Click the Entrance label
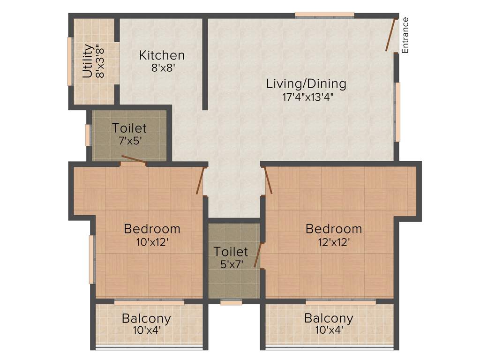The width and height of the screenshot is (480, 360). coord(405,35)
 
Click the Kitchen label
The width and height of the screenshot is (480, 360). coord(162,55)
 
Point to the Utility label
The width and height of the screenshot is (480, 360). coord(87,61)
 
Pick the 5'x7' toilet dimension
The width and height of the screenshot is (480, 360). coord(231,264)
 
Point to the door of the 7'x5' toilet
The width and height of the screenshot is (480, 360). coord(134,159)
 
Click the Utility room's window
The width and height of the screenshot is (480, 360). coord(69,61)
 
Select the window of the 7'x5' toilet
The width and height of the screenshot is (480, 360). coord(87,135)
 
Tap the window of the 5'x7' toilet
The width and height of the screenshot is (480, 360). coord(231,302)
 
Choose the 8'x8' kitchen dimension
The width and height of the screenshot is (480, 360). coord(162,67)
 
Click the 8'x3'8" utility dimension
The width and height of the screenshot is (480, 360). coord(98,61)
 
